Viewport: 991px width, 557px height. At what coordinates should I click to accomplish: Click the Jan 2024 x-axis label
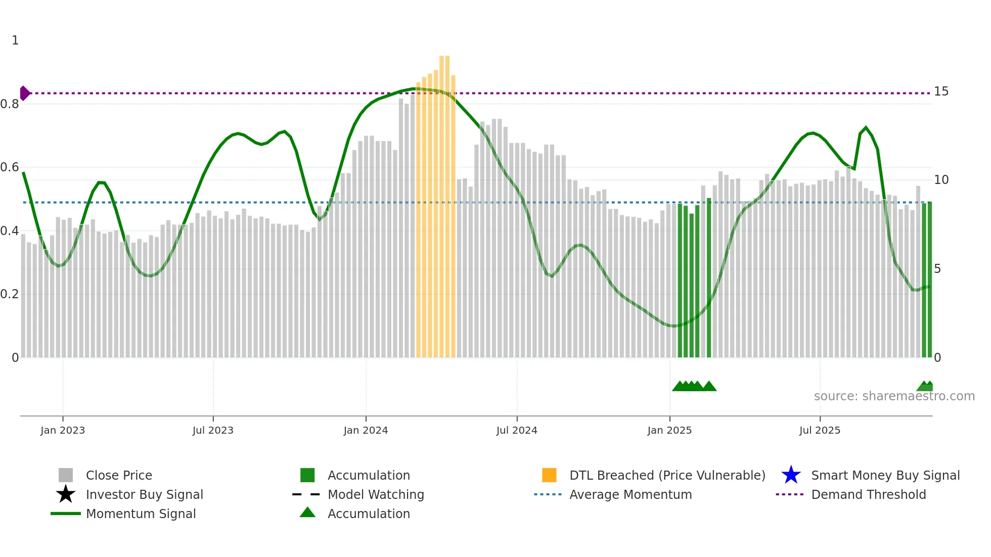pyautogui.click(x=366, y=430)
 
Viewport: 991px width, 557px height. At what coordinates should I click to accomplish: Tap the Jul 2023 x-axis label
pyautogui.click(x=213, y=430)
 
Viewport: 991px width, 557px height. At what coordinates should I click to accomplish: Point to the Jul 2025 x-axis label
pyautogui.click(x=820, y=430)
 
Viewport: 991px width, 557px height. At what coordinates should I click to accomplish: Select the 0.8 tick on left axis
pyautogui.click(x=10, y=104)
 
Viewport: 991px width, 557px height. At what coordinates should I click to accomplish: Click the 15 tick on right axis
pyautogui.click(x=941, y=91)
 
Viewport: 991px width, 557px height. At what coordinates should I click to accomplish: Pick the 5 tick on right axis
pyautogui.click(x=937, y=269)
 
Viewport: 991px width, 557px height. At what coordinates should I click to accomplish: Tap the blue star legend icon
pyautogui.click(x=791, y=475)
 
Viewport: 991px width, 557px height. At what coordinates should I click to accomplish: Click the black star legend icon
pyautogui.click(x=66, y=494)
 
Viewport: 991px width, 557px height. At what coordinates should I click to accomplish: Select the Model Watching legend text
pyautogui.click(x=376, y=494)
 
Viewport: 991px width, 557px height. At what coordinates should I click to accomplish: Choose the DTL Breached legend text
pyautogui.click(x=667, y=475)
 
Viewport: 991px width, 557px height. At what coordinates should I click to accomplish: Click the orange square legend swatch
pyautogui.click(x=549, y=475)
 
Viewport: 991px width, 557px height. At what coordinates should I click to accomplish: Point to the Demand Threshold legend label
pyautogui.click(x=868, y=494)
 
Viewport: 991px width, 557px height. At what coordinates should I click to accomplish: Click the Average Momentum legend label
pyautogui.click(x=630, y=494)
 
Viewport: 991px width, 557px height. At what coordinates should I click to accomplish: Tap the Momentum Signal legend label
pyautogui.click(x=141, y=514)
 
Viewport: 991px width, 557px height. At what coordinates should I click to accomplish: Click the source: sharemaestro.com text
pyautogui.click(x=894, y=396)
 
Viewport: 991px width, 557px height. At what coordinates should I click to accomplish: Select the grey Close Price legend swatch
pyautogui.click(x=66, y=475)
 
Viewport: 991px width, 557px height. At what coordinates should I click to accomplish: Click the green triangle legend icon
pyautogui.click(x=307, y=513)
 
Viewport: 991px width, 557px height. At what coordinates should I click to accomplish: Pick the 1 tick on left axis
pyautogui.click(x=15, y=40)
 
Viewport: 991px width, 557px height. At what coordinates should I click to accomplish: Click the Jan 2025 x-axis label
pyautogui.click(x=669, y=430)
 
